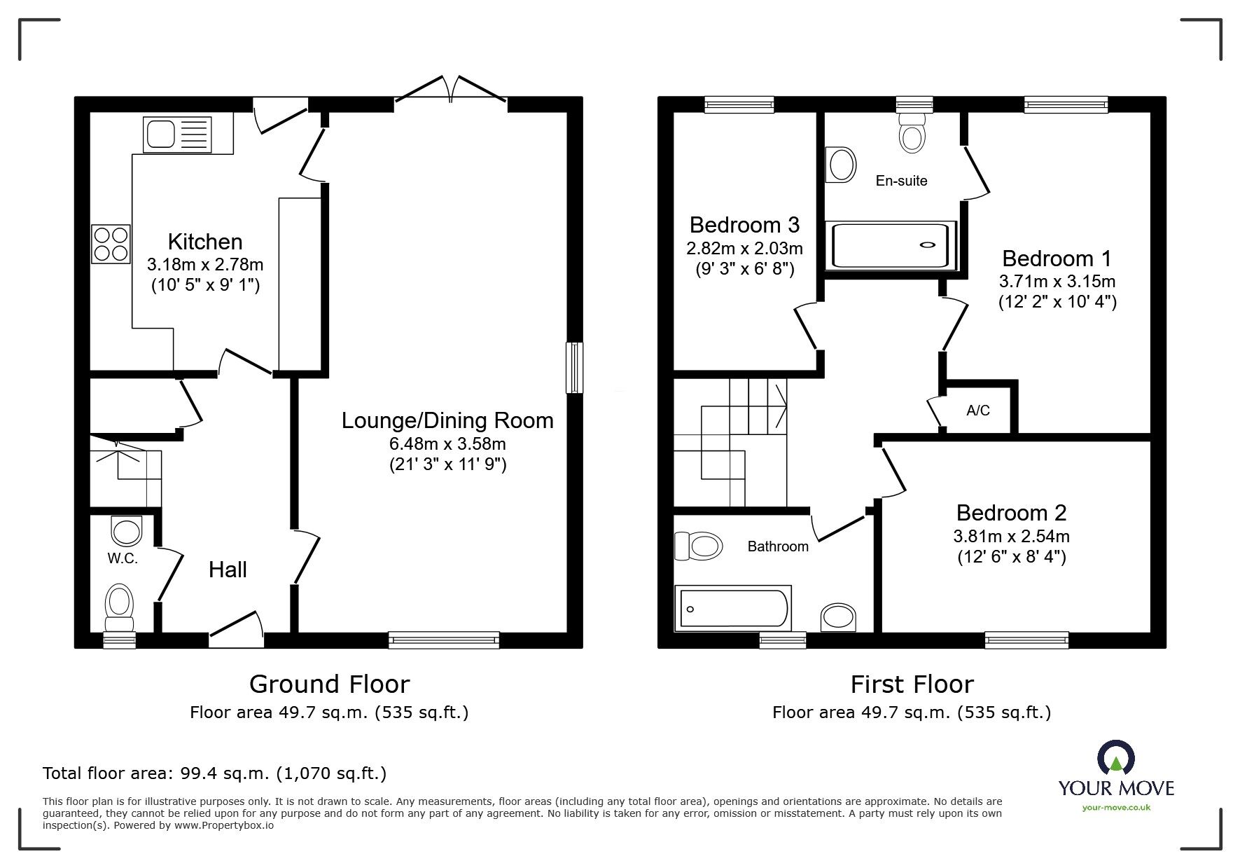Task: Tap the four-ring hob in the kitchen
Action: tap(111, 244)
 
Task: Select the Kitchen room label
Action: tap(205, 242)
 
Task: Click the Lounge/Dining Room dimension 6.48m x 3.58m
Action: tap(447, 443)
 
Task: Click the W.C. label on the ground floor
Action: tap(123, 558)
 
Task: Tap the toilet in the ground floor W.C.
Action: tap(120, 607)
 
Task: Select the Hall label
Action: tap(228, 570)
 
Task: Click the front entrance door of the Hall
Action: tap(237, 628)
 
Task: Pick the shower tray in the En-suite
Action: tap(891, 245)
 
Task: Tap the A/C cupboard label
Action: tap(978, 411)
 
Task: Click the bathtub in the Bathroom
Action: tap(733, 607)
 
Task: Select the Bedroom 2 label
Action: tap(1011, 513)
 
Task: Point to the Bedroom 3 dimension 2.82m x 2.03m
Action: tap(744, 248)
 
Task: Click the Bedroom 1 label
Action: tap(1057, 259)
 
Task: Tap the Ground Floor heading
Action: tap(329, 684)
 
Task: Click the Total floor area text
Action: tap(214, 773)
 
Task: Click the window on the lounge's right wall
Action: tap(574, 367)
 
